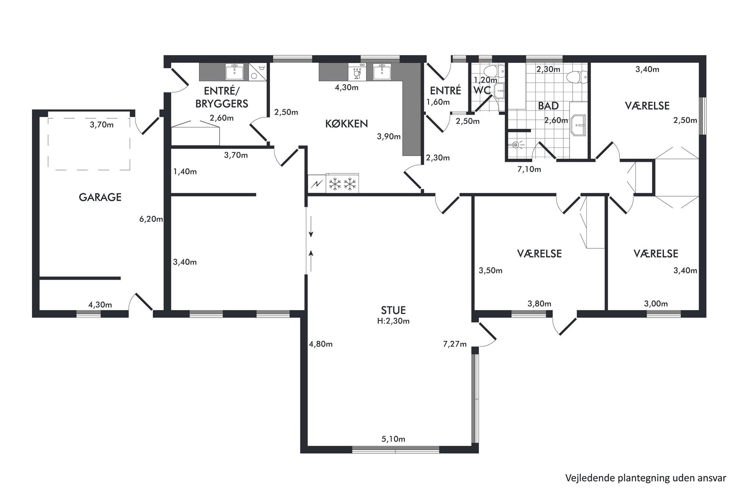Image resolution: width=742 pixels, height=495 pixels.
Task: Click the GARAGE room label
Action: pyautogui.click(x=100, y=197)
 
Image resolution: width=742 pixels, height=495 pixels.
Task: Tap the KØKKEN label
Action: pyautogui.click(x=346, y=123)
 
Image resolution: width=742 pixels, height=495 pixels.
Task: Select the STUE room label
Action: pyautogui.click(x=393, y=310)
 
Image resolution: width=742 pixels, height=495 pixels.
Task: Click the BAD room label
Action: pyautogui.click(x=548, y=106)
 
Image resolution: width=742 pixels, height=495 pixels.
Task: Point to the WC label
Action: pyautogui.click(x=482, y=90)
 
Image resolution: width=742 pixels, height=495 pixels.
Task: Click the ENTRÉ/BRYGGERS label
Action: pyautogui.click(x=221, y=97)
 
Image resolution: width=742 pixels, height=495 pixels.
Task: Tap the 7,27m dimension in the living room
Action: pyautogui.click(x=455, y=344)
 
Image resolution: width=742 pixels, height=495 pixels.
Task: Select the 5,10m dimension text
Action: pyautogui.click(x=393, y=439)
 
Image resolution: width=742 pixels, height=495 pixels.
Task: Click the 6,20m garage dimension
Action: pyautogui.click(x=151, y=219)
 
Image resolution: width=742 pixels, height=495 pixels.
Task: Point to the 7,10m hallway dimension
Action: pyautogui.click(x=529, y=169)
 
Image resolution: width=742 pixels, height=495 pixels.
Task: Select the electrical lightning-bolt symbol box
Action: pyautogui.click(x=317, y=184)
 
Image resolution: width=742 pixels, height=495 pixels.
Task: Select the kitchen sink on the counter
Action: pyautogui.click(x=382, y=72)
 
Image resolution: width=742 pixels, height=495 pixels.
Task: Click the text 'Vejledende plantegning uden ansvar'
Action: pyautogui.click(x=646, y=478)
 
